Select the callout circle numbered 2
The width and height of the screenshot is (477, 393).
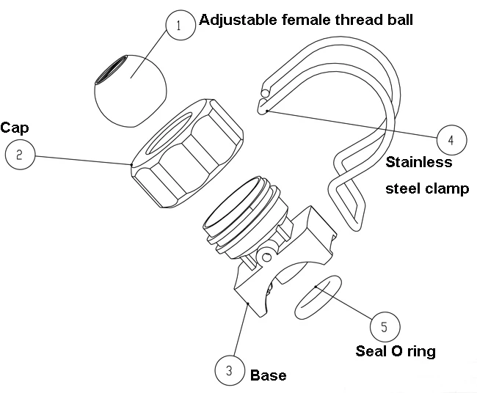19,155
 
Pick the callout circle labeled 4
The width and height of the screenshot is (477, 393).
451,138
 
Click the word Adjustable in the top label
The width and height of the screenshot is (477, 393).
235,20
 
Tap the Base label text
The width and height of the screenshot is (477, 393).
268,375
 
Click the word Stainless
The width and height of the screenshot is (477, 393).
418,162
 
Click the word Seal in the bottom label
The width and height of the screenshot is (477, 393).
371,351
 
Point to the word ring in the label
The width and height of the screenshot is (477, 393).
421,352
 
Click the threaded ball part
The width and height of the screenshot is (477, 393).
136,95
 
